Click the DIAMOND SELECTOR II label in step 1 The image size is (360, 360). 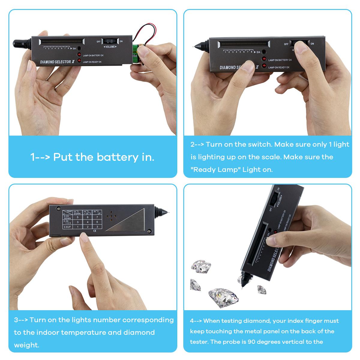coord(57,62)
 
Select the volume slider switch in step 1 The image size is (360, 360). coord(109,41)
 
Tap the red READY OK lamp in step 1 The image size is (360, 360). coord(79,61)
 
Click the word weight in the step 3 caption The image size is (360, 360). coord(26,345)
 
